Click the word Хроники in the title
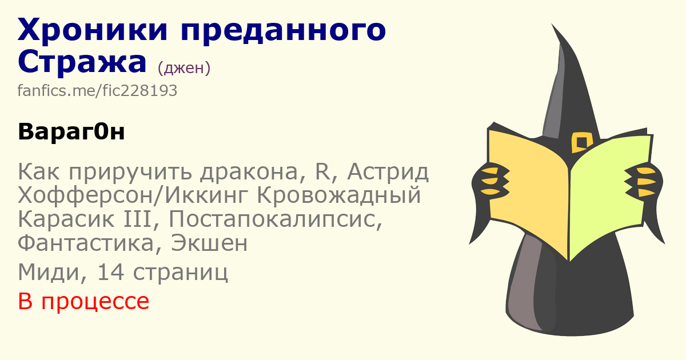(93, 29)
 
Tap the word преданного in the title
(284, 32)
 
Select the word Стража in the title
(82, 62)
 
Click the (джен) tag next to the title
(184, 68)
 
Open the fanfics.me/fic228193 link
(97, 91)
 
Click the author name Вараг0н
(71, 131)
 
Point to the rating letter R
(322, 171)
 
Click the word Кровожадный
(338, 195)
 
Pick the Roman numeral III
(138, 219)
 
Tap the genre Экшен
(209, 243)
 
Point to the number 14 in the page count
(110, 272)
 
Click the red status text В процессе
(83, 302)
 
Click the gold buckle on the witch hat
(582, 142)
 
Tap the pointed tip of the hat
(552, 24)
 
